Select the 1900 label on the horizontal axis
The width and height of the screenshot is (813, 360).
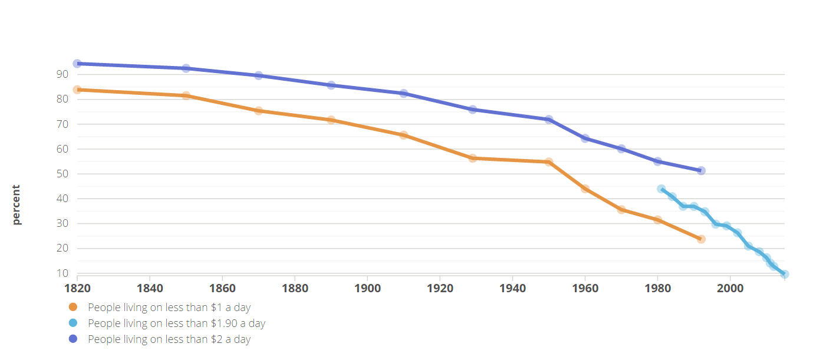(367, 288)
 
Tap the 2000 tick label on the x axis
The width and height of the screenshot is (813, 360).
(730, 288)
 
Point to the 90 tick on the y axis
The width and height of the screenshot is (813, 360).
(62, 74)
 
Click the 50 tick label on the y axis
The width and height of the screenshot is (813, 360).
(62, 174)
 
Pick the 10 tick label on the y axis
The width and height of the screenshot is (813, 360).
(62, 273)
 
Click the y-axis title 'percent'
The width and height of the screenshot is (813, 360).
(17, 205)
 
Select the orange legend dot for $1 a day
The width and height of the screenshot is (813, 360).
(73, 307)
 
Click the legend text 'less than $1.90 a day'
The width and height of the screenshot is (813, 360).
(176, 323)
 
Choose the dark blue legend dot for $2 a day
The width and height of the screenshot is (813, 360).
(73, 339)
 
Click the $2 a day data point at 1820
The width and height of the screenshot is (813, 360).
(77, 64)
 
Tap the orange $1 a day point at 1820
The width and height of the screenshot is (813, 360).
(77, 90)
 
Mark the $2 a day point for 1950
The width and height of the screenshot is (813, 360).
(549, 120)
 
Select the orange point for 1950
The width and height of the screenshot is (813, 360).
(549, 162)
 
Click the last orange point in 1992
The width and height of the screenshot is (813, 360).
(701, 239)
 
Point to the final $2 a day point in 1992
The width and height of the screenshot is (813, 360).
(701, 171)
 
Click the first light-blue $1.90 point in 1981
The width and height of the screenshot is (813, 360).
(661, 189)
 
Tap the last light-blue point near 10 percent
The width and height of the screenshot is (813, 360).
(784, 274)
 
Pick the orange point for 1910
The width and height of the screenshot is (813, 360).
(403, 135)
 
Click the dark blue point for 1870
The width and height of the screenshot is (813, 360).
(258, 75)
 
